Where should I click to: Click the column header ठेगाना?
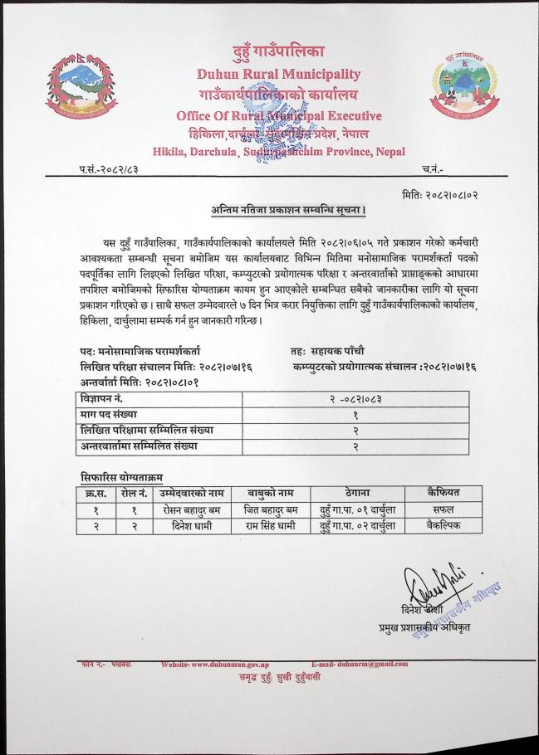(355, 493)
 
